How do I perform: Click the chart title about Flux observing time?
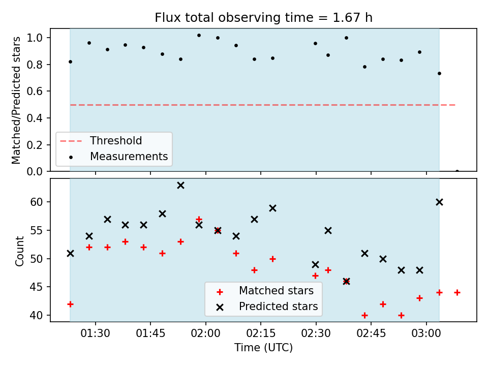point(264,17)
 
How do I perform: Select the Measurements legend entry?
point(118,156)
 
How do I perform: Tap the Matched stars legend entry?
point(265,291)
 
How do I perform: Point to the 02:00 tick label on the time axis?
point(205,333)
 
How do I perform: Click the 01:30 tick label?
point(95,333)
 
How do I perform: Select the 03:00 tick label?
point(426,333)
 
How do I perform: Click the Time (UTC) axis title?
point(264,347)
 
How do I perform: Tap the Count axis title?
point(19,251)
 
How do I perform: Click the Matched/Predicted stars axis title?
point(16,100)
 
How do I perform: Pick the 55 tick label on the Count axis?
point(36,230)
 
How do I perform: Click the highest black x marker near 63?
point(180,186)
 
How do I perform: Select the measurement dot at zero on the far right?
point(457,171)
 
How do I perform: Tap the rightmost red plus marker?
point(457,293)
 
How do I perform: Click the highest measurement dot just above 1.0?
point(199,36)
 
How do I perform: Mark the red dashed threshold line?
point(263,105)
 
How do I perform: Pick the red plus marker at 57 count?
point(199,220)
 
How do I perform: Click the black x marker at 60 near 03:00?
point(439,202)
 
